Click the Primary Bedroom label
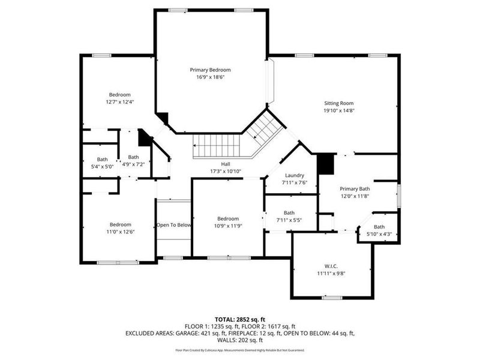210,70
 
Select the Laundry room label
295,175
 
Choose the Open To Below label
174,226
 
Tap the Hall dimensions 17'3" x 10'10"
226,172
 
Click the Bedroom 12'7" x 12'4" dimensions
119,102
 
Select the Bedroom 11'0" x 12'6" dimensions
120,232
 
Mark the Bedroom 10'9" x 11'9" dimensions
228,226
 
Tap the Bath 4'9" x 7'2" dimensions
133,164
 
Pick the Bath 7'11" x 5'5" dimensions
289,220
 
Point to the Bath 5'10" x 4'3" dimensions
379,234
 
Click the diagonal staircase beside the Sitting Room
261,127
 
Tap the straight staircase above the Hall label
216,146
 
